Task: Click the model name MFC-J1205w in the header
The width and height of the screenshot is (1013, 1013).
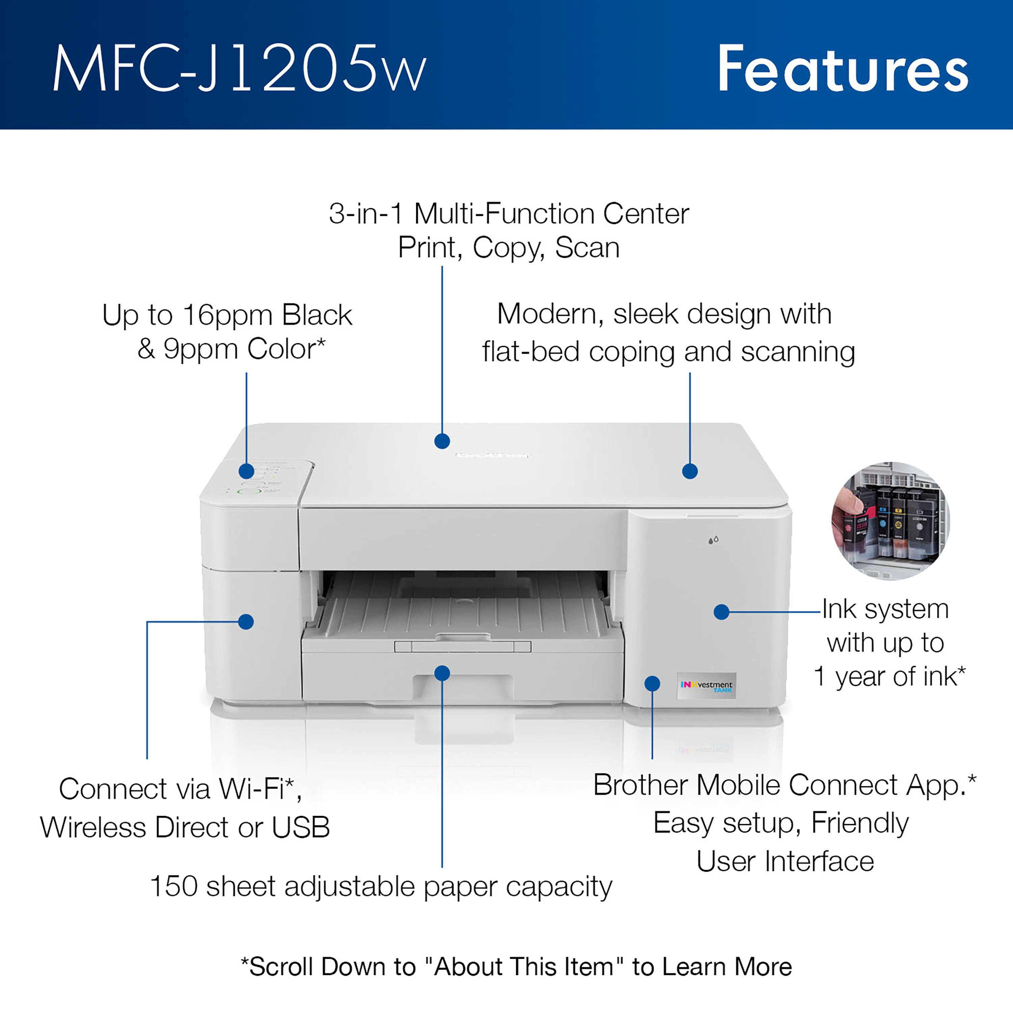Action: pyautogui.click(x=240, y=69)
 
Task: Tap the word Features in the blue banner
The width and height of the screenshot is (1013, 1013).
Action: pyautogui.click(x=842, y=69)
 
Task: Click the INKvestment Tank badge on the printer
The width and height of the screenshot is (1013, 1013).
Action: pyautogui.click(x=706, y=686)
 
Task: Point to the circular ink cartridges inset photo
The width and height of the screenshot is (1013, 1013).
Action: pyautogui.click(x=890, y=521)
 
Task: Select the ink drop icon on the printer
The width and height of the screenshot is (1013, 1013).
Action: pyautogui.click(x=713, y=540)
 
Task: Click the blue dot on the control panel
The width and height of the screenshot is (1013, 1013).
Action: pyautogui.click(x=246, y=471)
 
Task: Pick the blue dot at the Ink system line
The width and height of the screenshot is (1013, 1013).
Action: pyautogui.click(x=722, y=612)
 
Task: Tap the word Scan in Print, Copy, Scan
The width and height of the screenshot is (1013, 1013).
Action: pyautogui.click(x=587, y=248)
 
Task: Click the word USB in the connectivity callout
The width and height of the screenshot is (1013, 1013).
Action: pyautogui.click(x=301, y=827)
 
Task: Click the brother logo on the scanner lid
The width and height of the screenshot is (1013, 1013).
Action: pyautogui.click(x=493, y=454)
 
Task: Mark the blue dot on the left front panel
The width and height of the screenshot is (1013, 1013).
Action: pyautogui.click(x=246, y=622)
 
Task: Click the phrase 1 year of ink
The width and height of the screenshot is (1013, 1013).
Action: pyautogui.click(x=889, y=676)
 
